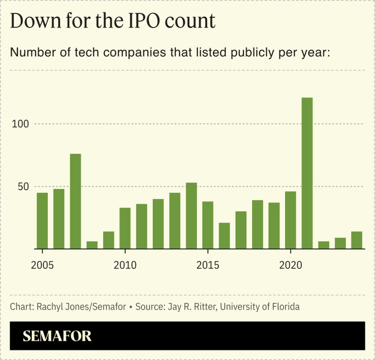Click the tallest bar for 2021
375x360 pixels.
(307, 173)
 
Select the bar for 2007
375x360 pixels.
(75, 201)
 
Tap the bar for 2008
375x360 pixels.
(92, 245)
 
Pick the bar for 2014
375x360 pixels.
(191, 216)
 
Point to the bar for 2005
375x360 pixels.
(42, 220)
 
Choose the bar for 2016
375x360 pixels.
(225, 235)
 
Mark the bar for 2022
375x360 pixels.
(323, 245)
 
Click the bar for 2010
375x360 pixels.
(125, 228)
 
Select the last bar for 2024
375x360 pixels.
(357, 240)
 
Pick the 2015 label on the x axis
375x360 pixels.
(208, 265)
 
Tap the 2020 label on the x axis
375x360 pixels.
(291, 265)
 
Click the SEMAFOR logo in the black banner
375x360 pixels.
(57, 336)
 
